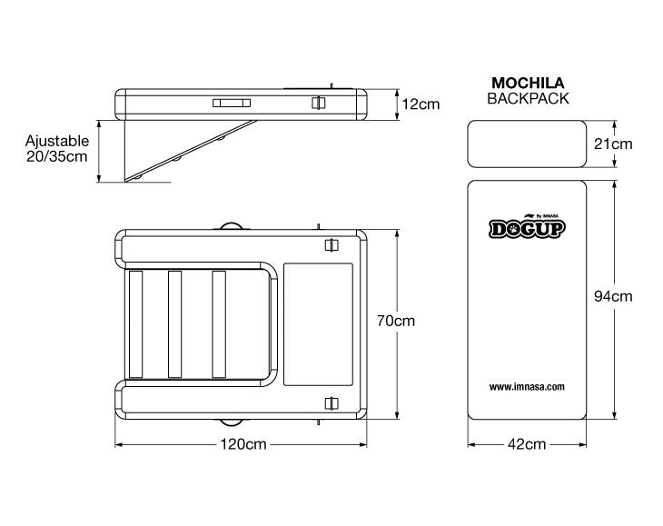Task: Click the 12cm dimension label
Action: click(421, 104)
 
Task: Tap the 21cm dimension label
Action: click(613, 144)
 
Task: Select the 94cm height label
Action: click(613, 296)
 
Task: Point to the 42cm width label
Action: click(527, 444)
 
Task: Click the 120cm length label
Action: click(243, 444)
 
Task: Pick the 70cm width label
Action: click(396, 321)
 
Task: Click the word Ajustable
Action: click(57, 141)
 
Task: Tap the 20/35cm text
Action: click(57, 156)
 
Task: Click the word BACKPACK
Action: click(528, 98)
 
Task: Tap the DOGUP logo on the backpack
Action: click(528, 227)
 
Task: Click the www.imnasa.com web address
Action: click(527, 386)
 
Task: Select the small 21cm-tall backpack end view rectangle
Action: click(527, 144)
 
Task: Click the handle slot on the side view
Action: click(232, 104)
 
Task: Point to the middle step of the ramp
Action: click(174, 324)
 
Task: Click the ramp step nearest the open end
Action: click(135, 324)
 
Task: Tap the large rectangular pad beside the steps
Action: click(318, 324)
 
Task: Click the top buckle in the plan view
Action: click(331, 244)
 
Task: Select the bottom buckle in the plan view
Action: click(331, 403)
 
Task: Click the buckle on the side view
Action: click(318, 103)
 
